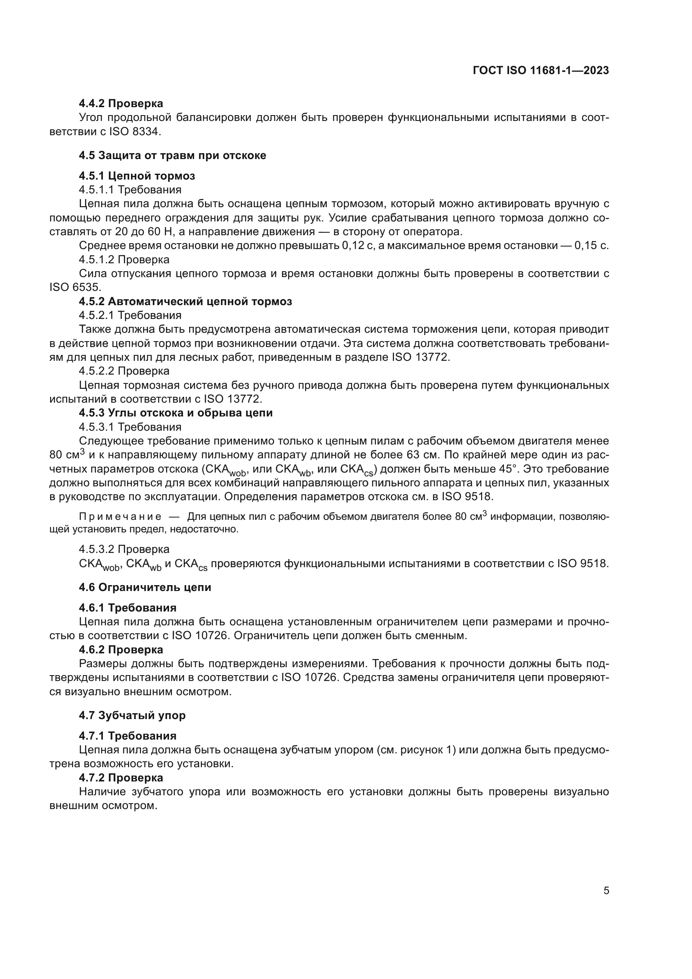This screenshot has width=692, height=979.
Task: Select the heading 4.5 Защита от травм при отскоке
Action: click(172, 155)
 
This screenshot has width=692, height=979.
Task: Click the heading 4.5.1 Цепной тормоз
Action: click(137, 176)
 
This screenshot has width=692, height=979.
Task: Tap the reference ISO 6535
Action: click(75, 288)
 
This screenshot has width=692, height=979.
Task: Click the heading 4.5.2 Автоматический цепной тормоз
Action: click(185, 301)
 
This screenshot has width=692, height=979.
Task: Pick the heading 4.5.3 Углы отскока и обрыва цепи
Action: click(176, 413)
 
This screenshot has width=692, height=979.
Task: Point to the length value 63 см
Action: click(422, 455)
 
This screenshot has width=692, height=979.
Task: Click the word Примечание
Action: click(120, 517)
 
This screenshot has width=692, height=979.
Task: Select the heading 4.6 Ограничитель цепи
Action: click(145, 587)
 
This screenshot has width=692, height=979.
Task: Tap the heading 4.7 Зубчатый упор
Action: click(132, 715)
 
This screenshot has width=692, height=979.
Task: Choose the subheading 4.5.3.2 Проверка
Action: click(124, 549)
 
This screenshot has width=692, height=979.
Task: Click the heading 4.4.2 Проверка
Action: click(120, 103)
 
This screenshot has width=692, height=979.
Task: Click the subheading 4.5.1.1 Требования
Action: click(130, 189)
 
